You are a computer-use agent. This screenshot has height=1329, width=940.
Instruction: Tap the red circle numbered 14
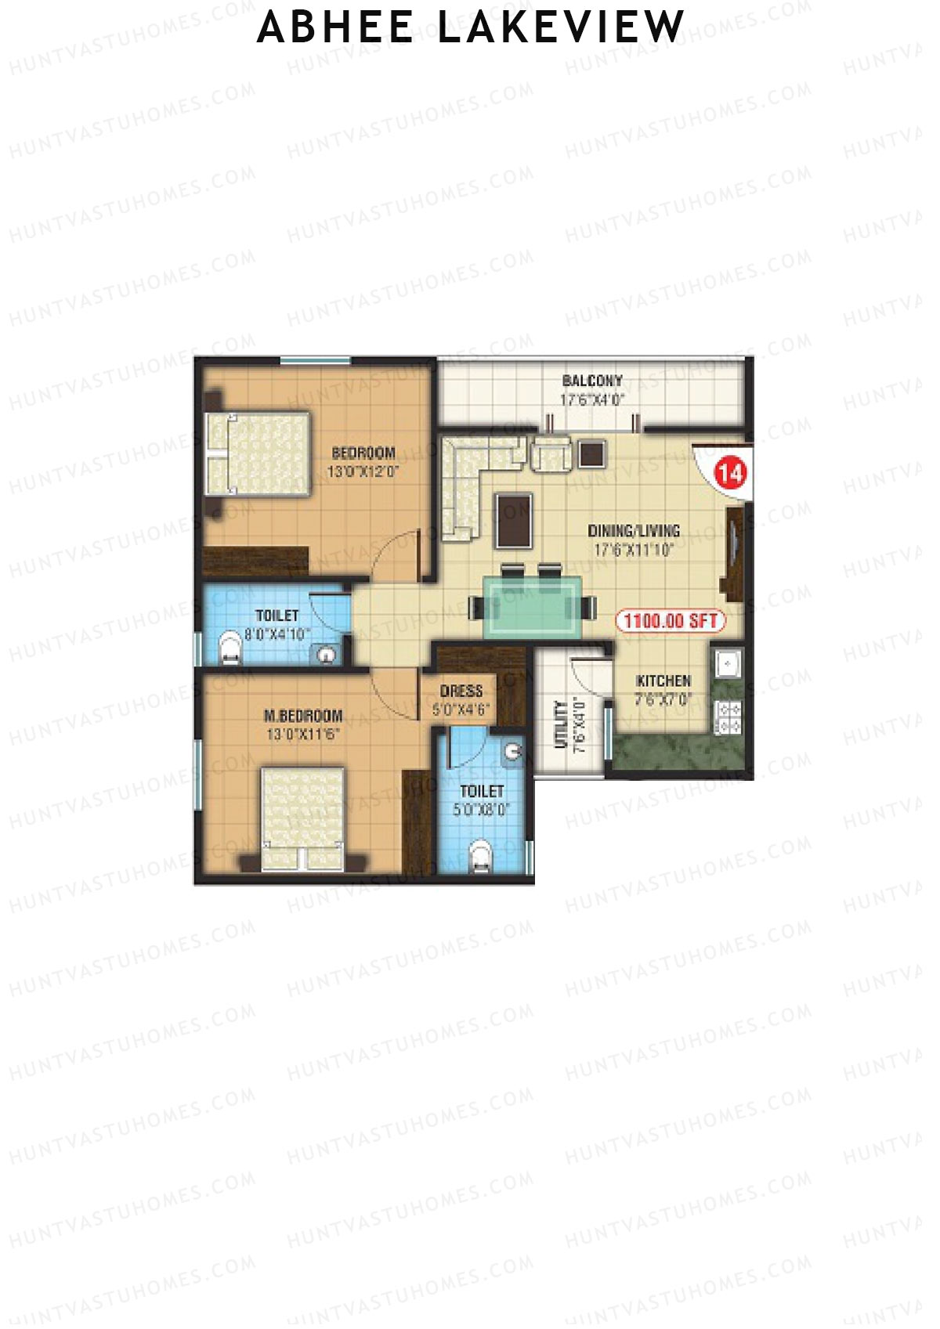[730, 473]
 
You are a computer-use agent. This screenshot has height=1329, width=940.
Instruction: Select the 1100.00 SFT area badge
[671, 621]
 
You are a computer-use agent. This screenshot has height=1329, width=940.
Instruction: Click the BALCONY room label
[592, 381]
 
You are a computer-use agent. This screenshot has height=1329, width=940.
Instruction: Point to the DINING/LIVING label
[634, 531]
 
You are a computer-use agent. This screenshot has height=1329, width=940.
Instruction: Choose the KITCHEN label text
[663, 681]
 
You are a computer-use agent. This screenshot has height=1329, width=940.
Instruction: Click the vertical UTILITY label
[561, 724]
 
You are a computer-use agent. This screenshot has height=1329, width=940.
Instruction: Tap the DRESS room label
[461, 691]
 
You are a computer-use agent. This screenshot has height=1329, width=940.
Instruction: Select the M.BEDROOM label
[303, 716]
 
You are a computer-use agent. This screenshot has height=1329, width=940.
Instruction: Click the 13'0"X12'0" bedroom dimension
[363, 472]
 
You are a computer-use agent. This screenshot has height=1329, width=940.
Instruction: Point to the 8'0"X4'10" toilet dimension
[277, 634]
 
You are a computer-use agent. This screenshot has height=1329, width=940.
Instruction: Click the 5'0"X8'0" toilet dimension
[481, 810]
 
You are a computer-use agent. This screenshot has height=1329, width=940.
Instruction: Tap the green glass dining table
[532, 606]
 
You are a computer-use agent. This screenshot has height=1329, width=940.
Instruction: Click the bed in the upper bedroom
[258, 453]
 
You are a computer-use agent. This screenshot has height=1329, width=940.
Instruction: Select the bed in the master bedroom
[302, 818]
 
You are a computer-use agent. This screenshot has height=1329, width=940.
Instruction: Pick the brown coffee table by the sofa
[513, 519]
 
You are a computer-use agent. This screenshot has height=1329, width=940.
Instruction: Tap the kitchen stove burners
[729, 717]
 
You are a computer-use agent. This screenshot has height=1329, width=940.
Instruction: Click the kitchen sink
[728, 663]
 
